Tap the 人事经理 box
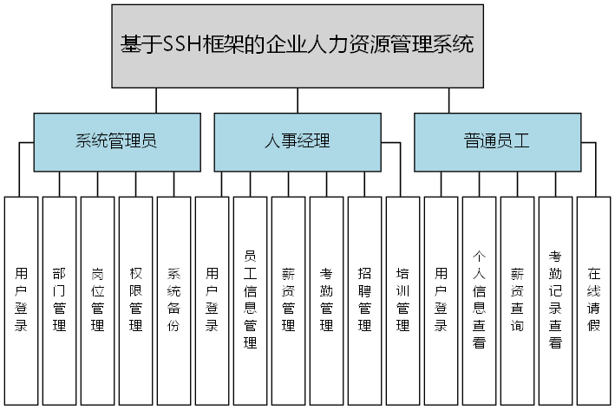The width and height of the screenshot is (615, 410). click(297, 142)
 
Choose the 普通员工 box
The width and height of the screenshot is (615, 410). click(496, 142)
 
